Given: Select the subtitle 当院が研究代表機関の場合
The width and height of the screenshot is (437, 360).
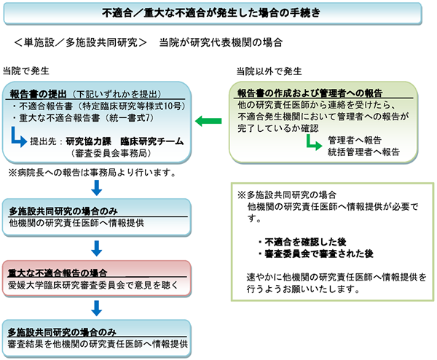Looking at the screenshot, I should point(217,43).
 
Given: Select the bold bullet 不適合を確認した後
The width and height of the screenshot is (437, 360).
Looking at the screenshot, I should point(303,240).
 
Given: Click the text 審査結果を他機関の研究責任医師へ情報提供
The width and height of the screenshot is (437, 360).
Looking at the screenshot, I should point(98,343).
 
